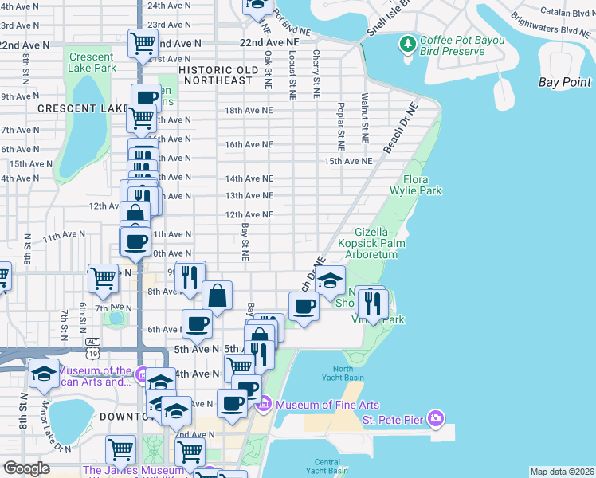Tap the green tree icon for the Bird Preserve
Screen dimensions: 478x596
click(x=408, y=42)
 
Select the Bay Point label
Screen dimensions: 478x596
click(x=565, y=82)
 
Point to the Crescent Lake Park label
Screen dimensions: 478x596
click(x=92, y=62)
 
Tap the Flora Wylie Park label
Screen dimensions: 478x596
click(x=416, y=186)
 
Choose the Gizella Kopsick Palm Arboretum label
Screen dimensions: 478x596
click(x=371, y=242)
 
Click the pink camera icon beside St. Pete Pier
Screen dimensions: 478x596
click(x=435, y=417)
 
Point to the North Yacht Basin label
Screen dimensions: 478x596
click(x=343, y=373)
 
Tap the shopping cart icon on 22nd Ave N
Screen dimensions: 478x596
click(x=143, y=42)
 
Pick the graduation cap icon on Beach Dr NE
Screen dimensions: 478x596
click(x=330, y=279)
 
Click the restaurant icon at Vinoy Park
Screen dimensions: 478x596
click(x=371, y=302)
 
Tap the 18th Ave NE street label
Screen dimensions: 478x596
click(x=249, y=111)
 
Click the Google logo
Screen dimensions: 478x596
click(x=26, y=468)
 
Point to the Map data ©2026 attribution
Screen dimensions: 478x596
click(x=563, y=472)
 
